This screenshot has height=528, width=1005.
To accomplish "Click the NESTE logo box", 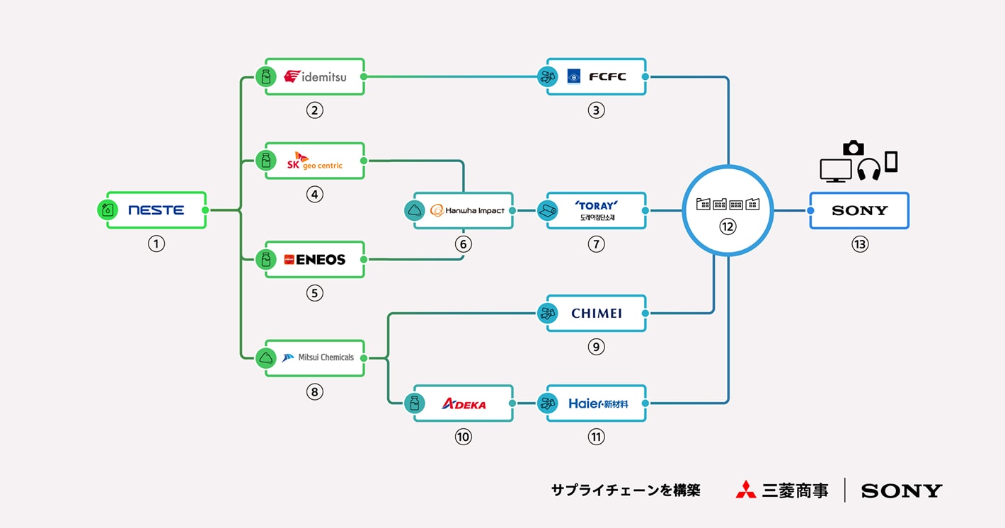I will pyautogui.click(x=156, y=210).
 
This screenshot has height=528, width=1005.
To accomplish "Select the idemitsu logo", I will pyautogui.click(x=316, y=76).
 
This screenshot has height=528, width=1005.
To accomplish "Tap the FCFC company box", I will pyautogui.click(x=597, y=76).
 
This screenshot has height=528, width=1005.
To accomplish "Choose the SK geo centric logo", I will pyautogui.click(x=315, y=161).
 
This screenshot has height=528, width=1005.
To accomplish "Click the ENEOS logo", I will pyautogui.click(x=315, y=260).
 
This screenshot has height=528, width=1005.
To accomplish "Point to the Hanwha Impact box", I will pyautogui.click(x=464, y=210).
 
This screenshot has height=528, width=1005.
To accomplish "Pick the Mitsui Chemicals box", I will pyautogui.click(x=316, y=357).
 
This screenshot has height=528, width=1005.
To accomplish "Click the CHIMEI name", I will pyautogui.click(x=597, y=313).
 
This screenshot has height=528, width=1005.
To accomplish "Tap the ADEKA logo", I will pyautogui.click(x=464, y=403).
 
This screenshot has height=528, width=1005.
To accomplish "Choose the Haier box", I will pyautogui.click(x=597, y=403).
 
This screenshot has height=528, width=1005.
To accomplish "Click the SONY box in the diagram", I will pyautogui.click(x=859, y=210).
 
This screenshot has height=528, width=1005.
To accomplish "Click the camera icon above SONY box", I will pyautogui.click(x=854, y=148).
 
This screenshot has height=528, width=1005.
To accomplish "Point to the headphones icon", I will pyautogui.click(x=868, y=169).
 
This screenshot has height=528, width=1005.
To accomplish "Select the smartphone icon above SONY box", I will pyautogui.click(x=891, y=161).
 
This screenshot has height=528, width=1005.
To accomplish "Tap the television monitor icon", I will pyautogui.click(x=835, y=171).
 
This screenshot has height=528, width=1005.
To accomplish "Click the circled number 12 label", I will pyautogui.click(x=727, y=226).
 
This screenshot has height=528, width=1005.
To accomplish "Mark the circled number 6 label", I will pyautogui.click(x=464, y=244).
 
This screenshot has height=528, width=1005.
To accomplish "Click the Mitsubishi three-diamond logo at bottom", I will pyautogui.click(x=745, y=490).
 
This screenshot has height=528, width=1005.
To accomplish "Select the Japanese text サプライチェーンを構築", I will pyautogui.click(x=625, y=490).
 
